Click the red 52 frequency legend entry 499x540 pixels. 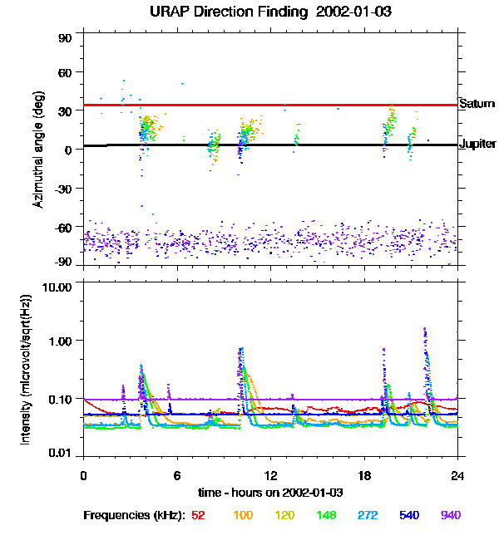(x=198, y=515)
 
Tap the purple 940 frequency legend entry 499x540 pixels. (x=450, y=515)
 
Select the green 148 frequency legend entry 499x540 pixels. (x=327, y=515)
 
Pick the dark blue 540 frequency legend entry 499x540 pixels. (x=409, y=515)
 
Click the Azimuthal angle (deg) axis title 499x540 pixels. (x=39, y=150)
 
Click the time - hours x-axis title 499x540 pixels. (x=270, y=493)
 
